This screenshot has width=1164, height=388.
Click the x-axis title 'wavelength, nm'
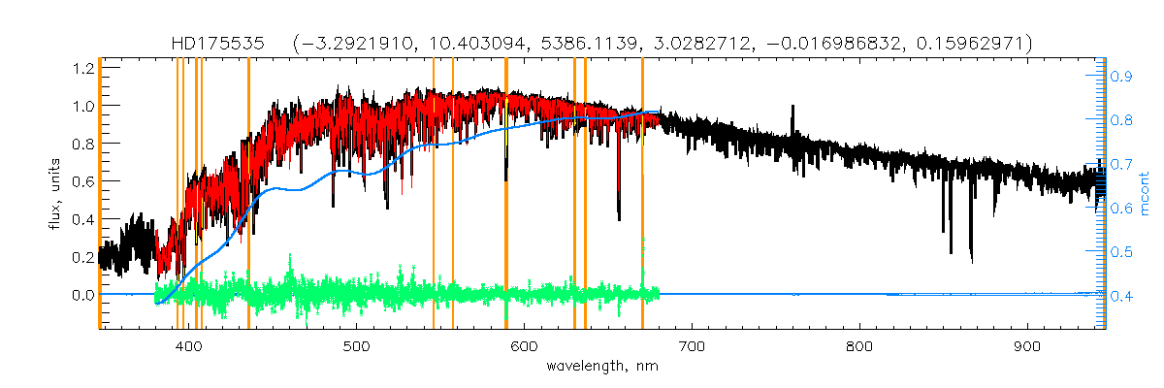pos(601,367)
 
